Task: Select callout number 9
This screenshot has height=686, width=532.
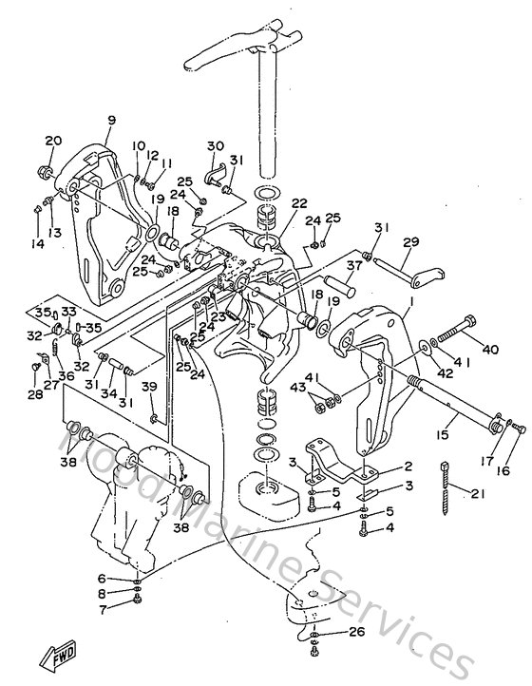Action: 111,120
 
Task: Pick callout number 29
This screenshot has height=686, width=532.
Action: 410,243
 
